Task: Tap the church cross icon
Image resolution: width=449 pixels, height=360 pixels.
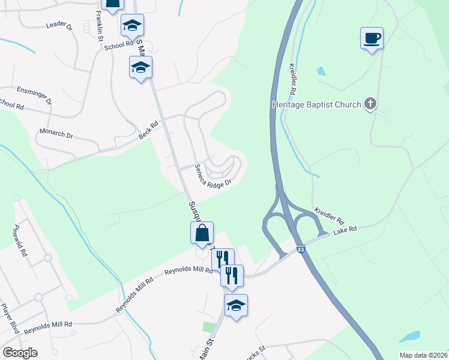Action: click(370, 104)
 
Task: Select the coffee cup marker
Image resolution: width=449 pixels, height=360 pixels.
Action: click(372, 38)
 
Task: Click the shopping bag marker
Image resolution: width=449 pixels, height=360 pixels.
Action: click(202, 234)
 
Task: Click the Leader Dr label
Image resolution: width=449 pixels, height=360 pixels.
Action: click(59, 26)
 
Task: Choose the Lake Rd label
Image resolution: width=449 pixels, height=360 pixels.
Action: click(345, 229)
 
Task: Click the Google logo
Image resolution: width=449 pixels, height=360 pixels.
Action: click(20, 353)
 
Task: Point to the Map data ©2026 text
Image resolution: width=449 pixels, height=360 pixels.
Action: click(423, 355)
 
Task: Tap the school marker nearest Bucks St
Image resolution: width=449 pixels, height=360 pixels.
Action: click(236, 305)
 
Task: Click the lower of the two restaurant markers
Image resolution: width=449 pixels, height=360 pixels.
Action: click(231, 276)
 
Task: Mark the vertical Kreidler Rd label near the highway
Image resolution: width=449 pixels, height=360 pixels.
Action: click(293, 80)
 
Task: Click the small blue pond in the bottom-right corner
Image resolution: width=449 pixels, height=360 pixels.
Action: click(409, 337)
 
